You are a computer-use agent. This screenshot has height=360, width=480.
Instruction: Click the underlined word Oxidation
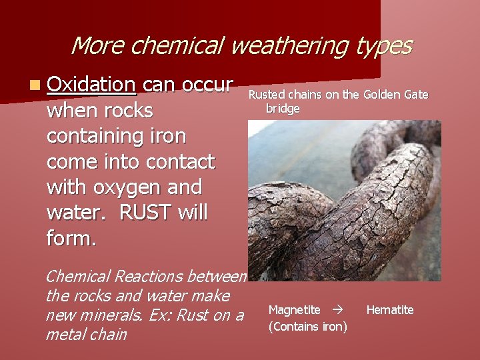tap(92, 85)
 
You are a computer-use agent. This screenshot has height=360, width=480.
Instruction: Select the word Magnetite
tap(294, 310)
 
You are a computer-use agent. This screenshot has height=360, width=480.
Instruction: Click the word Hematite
tap(390, 310)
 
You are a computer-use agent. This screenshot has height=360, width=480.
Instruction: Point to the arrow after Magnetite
tap(337, 310)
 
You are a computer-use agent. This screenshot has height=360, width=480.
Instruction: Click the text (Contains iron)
tap(307, 327)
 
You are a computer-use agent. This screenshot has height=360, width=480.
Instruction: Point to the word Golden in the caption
tap(383, 95)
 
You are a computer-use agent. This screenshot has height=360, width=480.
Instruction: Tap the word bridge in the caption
tap(283, 108)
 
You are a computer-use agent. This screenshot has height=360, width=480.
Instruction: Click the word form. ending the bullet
tap(71, 238)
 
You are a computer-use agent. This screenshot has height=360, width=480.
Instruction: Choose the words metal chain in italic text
tap(86, 334)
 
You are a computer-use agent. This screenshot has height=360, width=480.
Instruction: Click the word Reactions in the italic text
tap(150, 276)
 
